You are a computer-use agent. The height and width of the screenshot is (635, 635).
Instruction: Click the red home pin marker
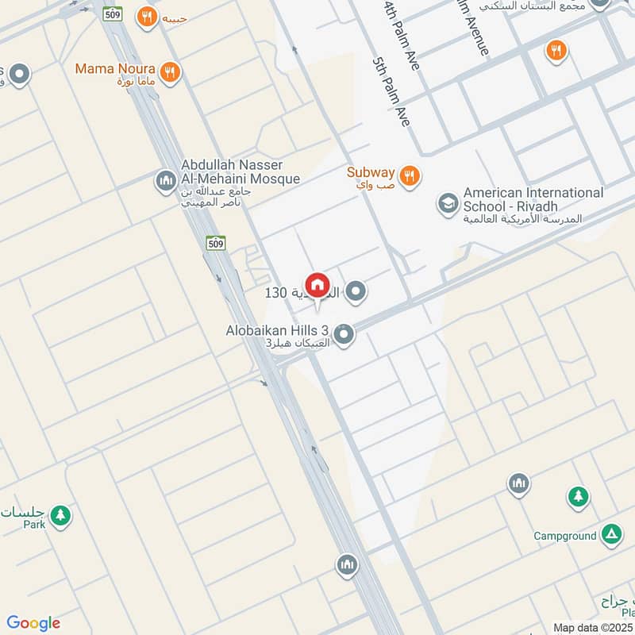pyautogui.click(x=317, y=285)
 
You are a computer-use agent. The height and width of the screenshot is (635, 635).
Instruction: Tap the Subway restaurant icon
pyautogui.click(x=410, y=175)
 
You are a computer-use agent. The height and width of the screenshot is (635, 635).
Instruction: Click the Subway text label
pyautogui.click(x=371, y=172)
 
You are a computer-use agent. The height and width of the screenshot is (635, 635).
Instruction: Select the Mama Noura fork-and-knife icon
pyautogui.click(x=168, y=72)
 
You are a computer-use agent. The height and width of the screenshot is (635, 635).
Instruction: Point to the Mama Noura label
pyautogui.click(x=114, y=69)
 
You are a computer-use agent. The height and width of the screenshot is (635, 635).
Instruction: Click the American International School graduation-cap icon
pyautogui.click(x=448, y=204)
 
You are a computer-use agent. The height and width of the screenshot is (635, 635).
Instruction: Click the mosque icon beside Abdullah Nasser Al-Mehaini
pyautogui.click(x=166, y=182)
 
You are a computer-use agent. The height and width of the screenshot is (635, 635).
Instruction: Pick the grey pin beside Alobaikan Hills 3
pyautogui.click(x=344, y=336)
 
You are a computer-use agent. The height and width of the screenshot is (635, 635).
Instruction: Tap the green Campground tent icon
pyautogui.click(x=610, y=535)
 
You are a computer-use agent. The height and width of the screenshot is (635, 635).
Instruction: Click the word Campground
pyautogui.click(x=565, y=536)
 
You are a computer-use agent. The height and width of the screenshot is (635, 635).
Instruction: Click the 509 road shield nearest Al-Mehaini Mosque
pyautogui.click(x=215, y=244)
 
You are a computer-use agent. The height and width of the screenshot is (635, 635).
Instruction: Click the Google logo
pyautogui.click(x=33, y=623)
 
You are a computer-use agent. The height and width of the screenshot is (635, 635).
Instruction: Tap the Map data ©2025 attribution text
pyautogui.click(x=593, y=627)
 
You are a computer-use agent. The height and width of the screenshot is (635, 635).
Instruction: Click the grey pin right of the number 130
pyautogui.click(x=357, y=293)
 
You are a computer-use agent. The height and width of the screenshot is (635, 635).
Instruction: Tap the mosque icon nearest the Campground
pyautogui.click(x=519, y=483)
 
